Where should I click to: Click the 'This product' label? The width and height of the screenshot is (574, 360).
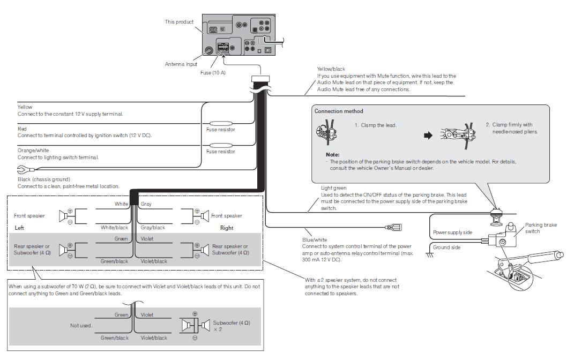click(x=179, y=22)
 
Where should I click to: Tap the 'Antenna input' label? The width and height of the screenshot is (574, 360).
click(x=181, y=64)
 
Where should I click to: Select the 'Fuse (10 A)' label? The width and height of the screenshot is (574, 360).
click(x=212, y=72)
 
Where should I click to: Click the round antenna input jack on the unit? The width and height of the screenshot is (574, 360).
click(x=210, y=51)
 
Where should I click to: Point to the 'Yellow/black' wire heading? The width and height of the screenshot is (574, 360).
click(x=331, y=69)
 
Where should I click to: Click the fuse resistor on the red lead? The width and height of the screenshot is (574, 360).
click(x=220, y=145)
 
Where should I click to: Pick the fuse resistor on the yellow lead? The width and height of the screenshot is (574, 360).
click(x=220, y=123)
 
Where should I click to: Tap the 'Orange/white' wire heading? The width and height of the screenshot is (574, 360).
click(x=33, y=151)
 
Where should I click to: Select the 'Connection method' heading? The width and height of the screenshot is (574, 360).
click(x=339, y=111)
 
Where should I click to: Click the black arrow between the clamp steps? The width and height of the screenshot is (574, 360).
click(x=428, y=136)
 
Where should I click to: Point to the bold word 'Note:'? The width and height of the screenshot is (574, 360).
click(x=325, y=154)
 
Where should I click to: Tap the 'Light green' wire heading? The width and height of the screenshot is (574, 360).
click(x=333, y=188)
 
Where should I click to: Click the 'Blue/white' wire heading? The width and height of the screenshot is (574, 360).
click(x=314, y=240)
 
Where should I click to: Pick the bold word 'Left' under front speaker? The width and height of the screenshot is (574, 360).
click(x=20, y=228)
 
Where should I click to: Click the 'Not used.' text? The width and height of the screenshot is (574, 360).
click(x=81, y=325)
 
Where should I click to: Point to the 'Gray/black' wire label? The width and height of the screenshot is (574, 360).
click(x=153, y=228)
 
